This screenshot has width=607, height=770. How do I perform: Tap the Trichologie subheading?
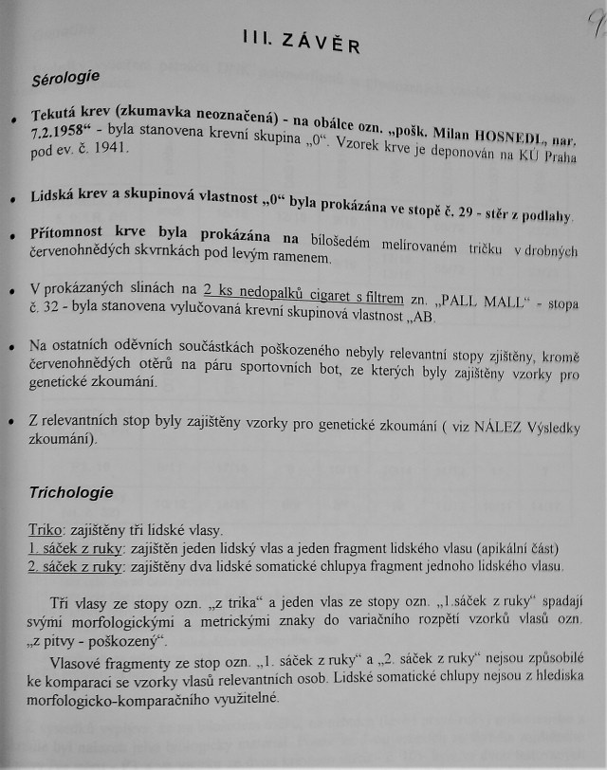[71, 492]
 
